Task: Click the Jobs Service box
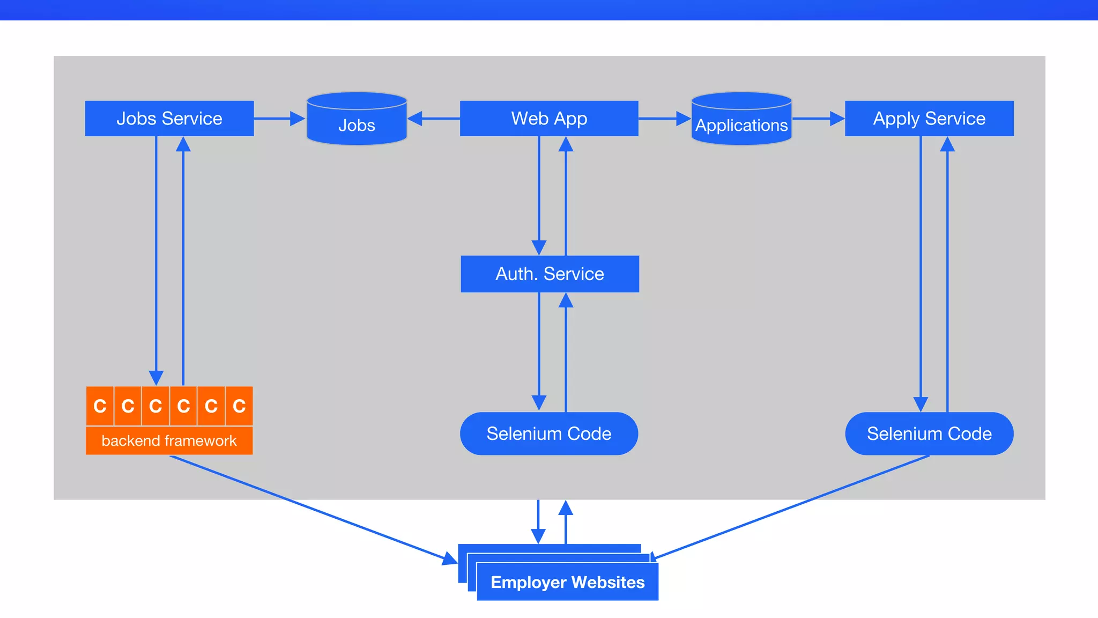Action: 169,119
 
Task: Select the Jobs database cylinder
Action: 357,120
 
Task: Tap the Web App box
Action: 549,119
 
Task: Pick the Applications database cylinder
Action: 741,120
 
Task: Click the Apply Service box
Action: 929,119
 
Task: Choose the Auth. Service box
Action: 550,274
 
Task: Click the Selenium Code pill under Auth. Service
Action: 549,433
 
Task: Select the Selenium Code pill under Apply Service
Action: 929,433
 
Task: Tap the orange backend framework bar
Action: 169,441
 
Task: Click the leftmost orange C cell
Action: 100,406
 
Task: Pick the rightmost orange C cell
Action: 239,406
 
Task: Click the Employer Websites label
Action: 567,583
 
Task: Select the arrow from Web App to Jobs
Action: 434,119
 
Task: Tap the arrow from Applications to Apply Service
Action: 818,119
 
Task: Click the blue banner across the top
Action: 549,10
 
